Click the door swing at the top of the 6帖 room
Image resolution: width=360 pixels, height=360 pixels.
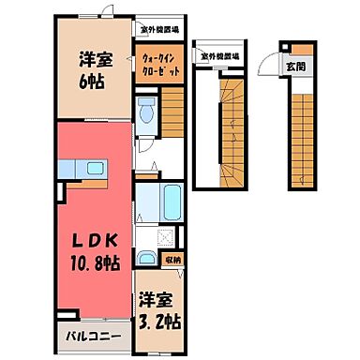(111, 13)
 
